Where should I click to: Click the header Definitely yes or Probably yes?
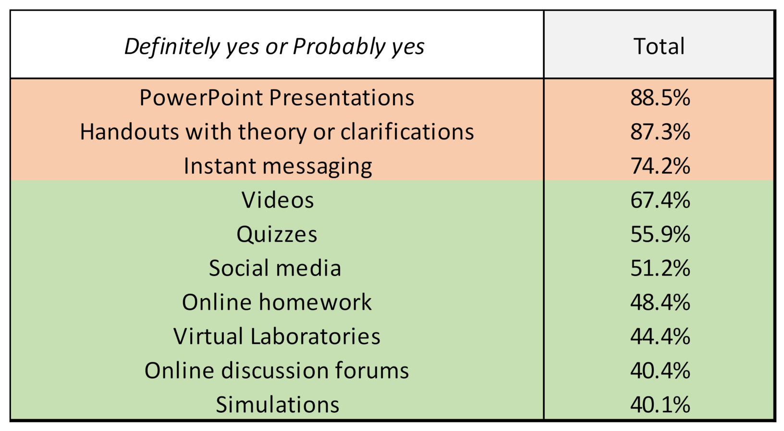click(x=274, y=47)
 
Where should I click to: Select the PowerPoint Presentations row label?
click(x=277, y=98)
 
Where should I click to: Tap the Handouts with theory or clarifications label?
click(x=277, y=132)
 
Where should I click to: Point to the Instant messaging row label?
click(x=278, y=166)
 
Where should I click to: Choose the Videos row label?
click(x=278, y=200)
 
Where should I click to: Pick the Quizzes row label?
click(x=277, y=234)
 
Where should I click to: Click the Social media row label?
click(x=275, y=268)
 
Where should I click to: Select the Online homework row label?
click(x=277, y=302)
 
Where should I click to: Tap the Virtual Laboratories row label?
click(x=277, y=336)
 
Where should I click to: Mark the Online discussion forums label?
click(x=277, y=370)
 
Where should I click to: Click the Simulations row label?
click(x=278, y=405)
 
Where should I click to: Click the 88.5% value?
click(x=660, y=98)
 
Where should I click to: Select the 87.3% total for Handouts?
click(x=660, y=132)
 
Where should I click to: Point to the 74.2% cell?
click(x=660, y=166)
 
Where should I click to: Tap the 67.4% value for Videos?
click(x=660, y=200)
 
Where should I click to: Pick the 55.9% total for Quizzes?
click(x=660, y=234)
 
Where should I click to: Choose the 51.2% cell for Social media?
click(x=660, y=268)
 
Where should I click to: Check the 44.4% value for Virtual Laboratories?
click(x=660, y=336)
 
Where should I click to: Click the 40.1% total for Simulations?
click(x=660, y=405)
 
